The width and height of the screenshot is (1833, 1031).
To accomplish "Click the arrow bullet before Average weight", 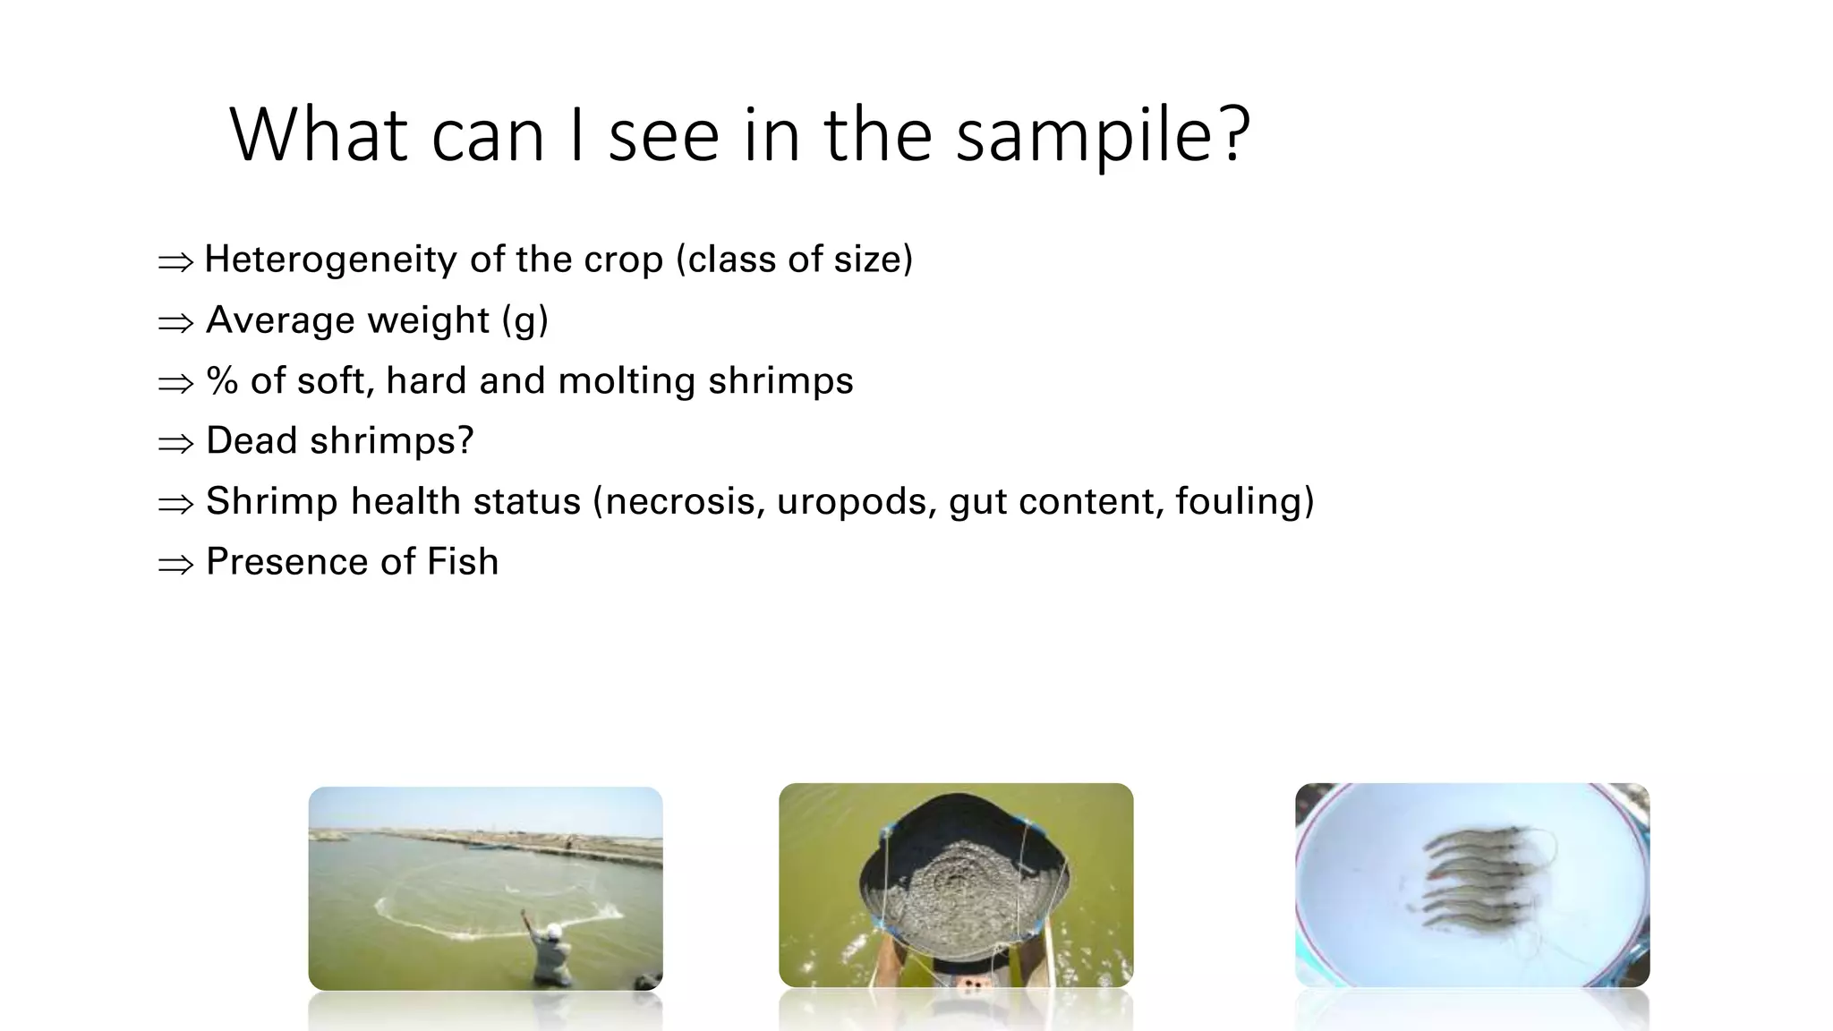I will (x=175, y=322).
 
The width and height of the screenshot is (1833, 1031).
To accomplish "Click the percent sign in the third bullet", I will (x=222, y=381).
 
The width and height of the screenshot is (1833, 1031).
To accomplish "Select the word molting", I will (x=627, y=381).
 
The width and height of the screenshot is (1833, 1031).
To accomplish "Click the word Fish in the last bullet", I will (x=463, y=562).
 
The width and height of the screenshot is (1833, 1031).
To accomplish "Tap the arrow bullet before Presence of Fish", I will (x=175, y=565).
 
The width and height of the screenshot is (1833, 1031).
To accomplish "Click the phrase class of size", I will (x=795, y=260).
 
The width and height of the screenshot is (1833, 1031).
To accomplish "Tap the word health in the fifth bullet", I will (x=406, y=501).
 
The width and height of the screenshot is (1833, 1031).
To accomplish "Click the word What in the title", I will (x=319, y=136).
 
